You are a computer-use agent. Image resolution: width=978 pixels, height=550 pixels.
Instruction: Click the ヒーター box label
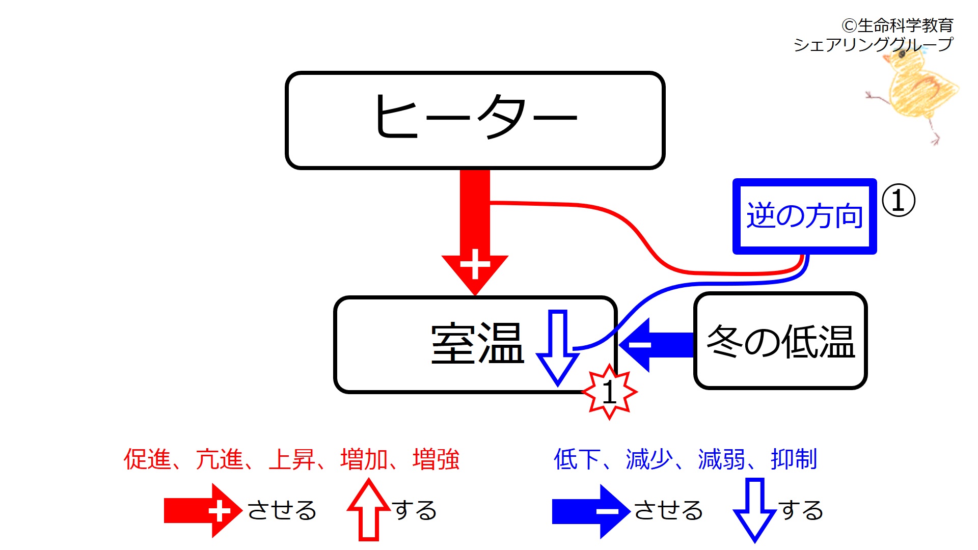point(475,118)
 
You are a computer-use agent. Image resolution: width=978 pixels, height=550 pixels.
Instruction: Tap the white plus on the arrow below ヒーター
point(475,264)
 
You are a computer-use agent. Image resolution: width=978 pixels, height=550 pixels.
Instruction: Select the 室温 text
point(477,344)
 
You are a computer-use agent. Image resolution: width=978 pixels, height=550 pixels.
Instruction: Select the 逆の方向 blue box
point(804,216)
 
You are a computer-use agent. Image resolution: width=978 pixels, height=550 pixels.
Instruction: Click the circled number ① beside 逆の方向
point(898,201)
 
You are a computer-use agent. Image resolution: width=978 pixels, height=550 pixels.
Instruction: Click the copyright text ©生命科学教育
point(897,25)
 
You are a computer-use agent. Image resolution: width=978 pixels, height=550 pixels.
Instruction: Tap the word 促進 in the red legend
point(147,459)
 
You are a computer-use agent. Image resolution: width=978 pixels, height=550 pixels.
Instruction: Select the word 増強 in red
point(436,459)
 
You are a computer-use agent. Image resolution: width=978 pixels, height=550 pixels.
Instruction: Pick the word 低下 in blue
point(577,459)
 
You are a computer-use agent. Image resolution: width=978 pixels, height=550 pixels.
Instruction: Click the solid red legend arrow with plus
point(203,511)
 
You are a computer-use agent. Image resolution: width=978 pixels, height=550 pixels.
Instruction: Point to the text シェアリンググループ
point(873,45)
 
